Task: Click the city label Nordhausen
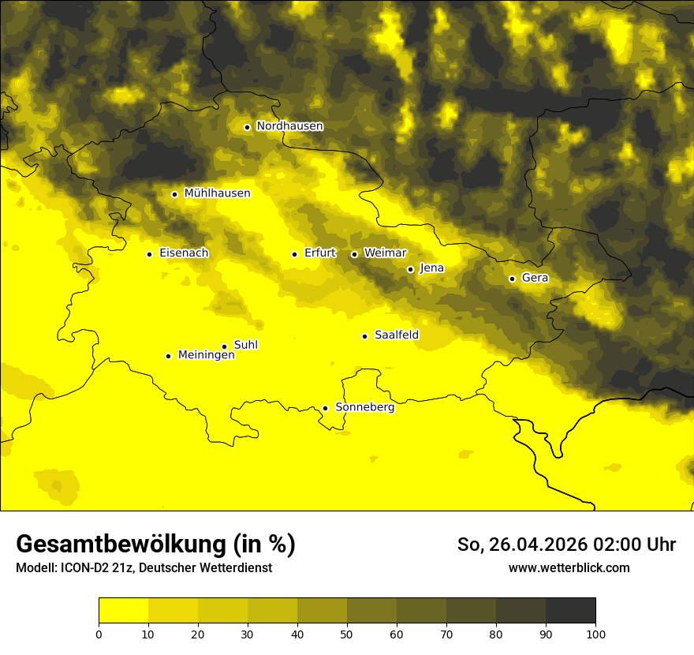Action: [x=289, y=126]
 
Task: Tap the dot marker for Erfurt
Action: [x=294, y=254]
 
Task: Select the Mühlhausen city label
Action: [x=217, y=193]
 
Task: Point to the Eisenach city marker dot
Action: [x=149, y=254]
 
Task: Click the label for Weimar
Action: [x=386, y=253]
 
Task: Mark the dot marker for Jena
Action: [x=410, y=269]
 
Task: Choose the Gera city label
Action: [x=535, y=278]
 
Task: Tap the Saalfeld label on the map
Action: [x=397, y=335]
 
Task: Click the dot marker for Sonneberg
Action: [x=325, y=408]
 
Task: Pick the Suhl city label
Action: [x=246, y=345]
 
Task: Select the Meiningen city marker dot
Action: [x=168, y=356]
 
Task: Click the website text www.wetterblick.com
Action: [x=569, y=567]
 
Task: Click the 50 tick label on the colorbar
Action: [x=347, y=634]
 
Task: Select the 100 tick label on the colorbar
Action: [x=595, y=634]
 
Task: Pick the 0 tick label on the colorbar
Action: [x=99, y=634]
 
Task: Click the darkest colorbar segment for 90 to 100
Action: [x=570, y=611]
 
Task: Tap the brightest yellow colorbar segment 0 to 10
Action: [x=123, y=611]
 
